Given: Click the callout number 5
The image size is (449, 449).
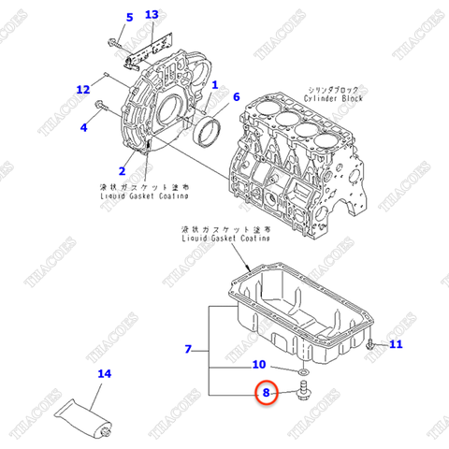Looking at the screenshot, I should click(130, 17).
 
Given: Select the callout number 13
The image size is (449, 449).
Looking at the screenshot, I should click(152, 15).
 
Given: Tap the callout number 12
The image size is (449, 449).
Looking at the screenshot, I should click(83, 90).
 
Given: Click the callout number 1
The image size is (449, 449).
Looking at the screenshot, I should click(214, 85).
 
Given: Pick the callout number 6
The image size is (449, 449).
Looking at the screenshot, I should click(236, 97).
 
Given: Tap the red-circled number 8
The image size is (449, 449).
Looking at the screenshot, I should click(266, 395).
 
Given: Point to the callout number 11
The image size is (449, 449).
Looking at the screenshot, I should click(395, 346).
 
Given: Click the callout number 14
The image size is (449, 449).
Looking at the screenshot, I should click(105, 374).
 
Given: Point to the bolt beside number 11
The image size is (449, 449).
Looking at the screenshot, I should click(371, 347).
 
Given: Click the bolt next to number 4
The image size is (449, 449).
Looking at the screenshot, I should click(104, 118).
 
